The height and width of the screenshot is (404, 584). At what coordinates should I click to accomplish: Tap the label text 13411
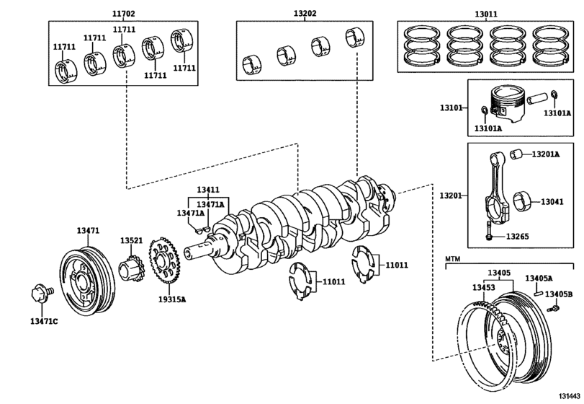(x=208, y=190)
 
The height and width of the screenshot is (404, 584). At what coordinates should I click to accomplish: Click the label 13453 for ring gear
(x=484, y=287)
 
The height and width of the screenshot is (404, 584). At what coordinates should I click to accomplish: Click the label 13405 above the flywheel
(x=498, y=273)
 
